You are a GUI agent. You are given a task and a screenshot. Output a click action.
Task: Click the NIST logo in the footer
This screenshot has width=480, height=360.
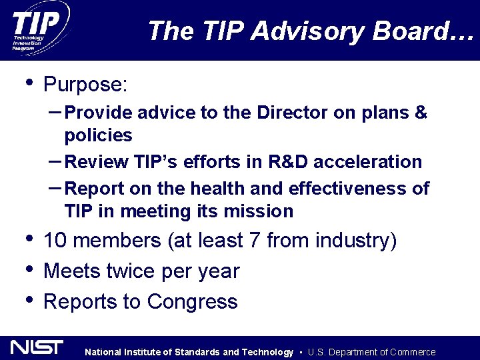(37, 347)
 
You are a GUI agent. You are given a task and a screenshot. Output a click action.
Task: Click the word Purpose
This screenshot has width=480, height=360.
(85, 85)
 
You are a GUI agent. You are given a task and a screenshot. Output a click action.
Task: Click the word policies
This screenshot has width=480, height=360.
(98, 136)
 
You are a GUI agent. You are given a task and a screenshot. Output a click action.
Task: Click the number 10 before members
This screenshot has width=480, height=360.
(55, 240)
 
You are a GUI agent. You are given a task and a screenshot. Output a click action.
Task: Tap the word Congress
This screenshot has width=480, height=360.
(192, 302)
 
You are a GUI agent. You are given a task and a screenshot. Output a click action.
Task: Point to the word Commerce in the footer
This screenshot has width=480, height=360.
(412, 352)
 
